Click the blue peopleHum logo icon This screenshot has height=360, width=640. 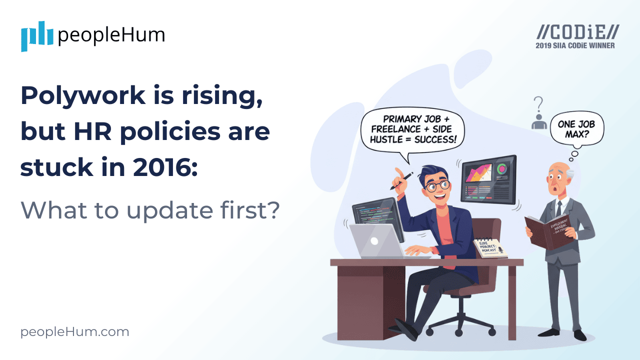pos(37,36)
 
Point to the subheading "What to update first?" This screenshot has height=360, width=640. pos(149,210)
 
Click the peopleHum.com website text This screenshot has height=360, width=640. pos(74,332)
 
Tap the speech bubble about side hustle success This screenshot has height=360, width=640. pos(413,129)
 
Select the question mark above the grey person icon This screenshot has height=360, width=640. pos(538,105)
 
